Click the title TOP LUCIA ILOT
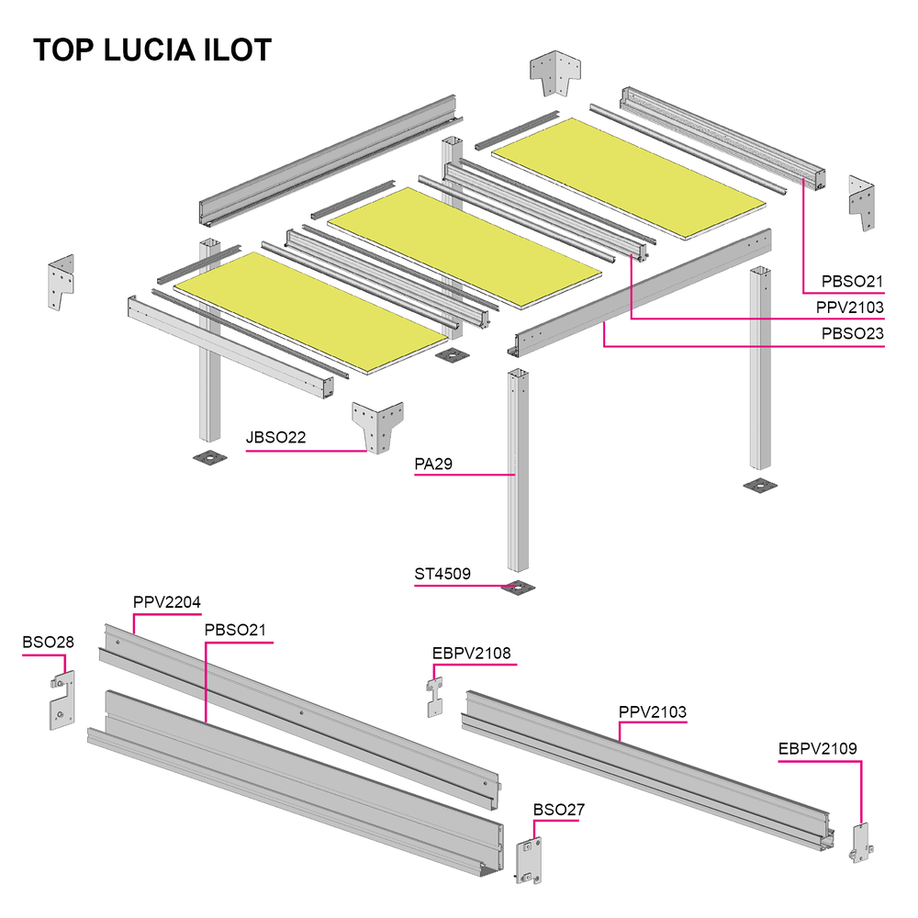pyautogui.click(x=152, y=50)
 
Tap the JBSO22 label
pyautogui.click(x=275, y=437)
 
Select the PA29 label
pyautogui.click(x=433, y=465)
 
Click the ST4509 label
pyautogui.click(x=442, y=574)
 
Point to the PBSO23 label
pyautogui.click(x=853, y=334)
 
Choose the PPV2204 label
pyautogui.click(x=167, y=602)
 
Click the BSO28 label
pyautogui.click(x=48, y=643)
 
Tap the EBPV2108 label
pyautogui.click(x=471, y=654)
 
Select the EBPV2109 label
pyautogui.click(x=817, y=749)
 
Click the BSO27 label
pyautogui.click(x=558, y=810)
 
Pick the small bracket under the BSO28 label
pyautogui.click(x=62, y=700)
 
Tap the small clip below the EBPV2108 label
pyautogui.click(x=434, y=697)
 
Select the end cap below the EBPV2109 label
pyautogui.click(x=861, y=843)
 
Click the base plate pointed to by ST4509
pyautogui.click(x=518, y=588)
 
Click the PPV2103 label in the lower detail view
pyautogui.click(x=652, y=712)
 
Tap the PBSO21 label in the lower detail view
pyautogui.click(x=235, y=631)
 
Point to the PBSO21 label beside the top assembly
pyautogui.click(x=853, y=282)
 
